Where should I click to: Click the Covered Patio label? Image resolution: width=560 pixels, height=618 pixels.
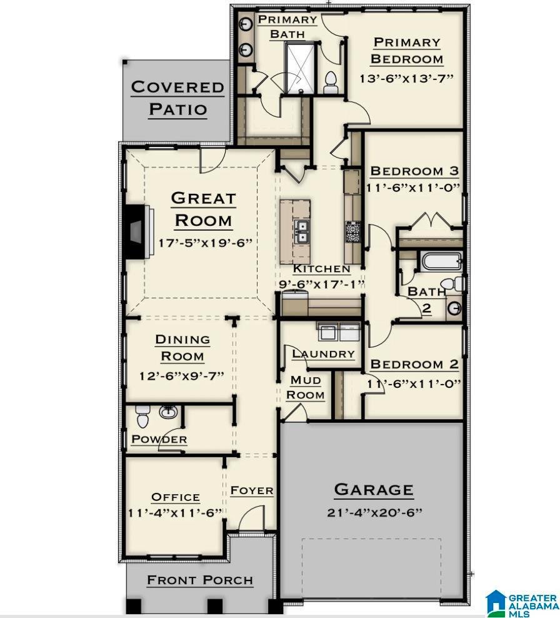point(177,98)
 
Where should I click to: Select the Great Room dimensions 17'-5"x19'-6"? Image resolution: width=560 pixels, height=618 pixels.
point(205,243)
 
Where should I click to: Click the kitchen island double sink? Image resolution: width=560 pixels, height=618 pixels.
point(302,232)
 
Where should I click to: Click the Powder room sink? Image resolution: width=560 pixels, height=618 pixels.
point(168,412)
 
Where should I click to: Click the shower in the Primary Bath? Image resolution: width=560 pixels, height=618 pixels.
point(300,68)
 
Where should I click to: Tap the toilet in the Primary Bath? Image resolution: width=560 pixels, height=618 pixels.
point(331,82)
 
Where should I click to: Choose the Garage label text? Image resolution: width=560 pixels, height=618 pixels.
point(374,490)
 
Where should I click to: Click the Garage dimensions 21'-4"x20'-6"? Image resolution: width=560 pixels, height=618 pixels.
point(374,513)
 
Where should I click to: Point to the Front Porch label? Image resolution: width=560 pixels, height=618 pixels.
point(200,580)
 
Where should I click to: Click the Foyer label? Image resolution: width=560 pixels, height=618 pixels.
point(252,490)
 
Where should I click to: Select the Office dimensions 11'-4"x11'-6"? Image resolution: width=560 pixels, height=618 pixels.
point(175,513)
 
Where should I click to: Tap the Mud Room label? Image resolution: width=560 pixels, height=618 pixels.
point(306,387)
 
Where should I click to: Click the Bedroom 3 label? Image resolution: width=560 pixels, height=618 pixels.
point(414,171)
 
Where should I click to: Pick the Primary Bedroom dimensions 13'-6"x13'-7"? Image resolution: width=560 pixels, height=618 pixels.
point(406,78)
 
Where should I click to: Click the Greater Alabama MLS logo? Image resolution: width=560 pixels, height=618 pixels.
point(522,602)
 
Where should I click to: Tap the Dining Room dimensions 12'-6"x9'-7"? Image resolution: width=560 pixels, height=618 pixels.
point(181,375)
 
